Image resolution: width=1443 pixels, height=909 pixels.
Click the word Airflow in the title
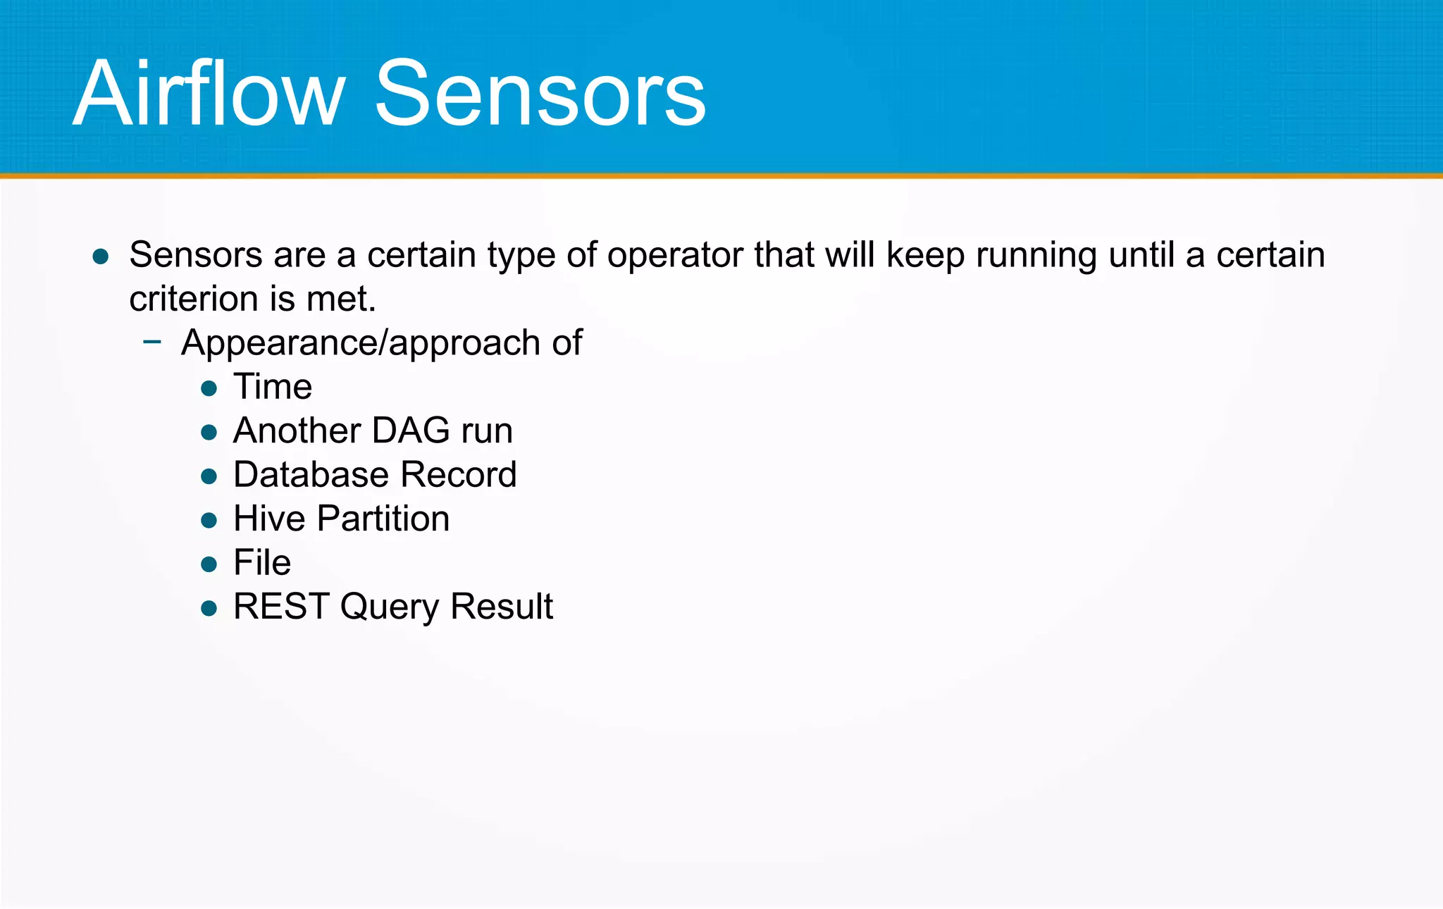coord(209,94)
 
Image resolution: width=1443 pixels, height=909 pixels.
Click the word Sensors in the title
coord(540,94)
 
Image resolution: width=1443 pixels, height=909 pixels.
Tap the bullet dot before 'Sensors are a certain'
coord(101,256)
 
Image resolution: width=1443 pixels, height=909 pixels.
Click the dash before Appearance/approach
coord(152,342)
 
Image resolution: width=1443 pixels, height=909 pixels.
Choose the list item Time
coord(273,387)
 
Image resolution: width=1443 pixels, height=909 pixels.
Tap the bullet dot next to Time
coord(209,388)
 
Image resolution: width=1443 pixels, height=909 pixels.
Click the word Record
coord(459,474)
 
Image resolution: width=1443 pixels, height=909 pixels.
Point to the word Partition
coord(383,519)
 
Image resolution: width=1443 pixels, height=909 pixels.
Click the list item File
coord(262,562)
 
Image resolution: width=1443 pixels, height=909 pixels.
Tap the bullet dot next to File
coord(209,564)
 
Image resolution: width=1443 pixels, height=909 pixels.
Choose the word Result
coord(502,606)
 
